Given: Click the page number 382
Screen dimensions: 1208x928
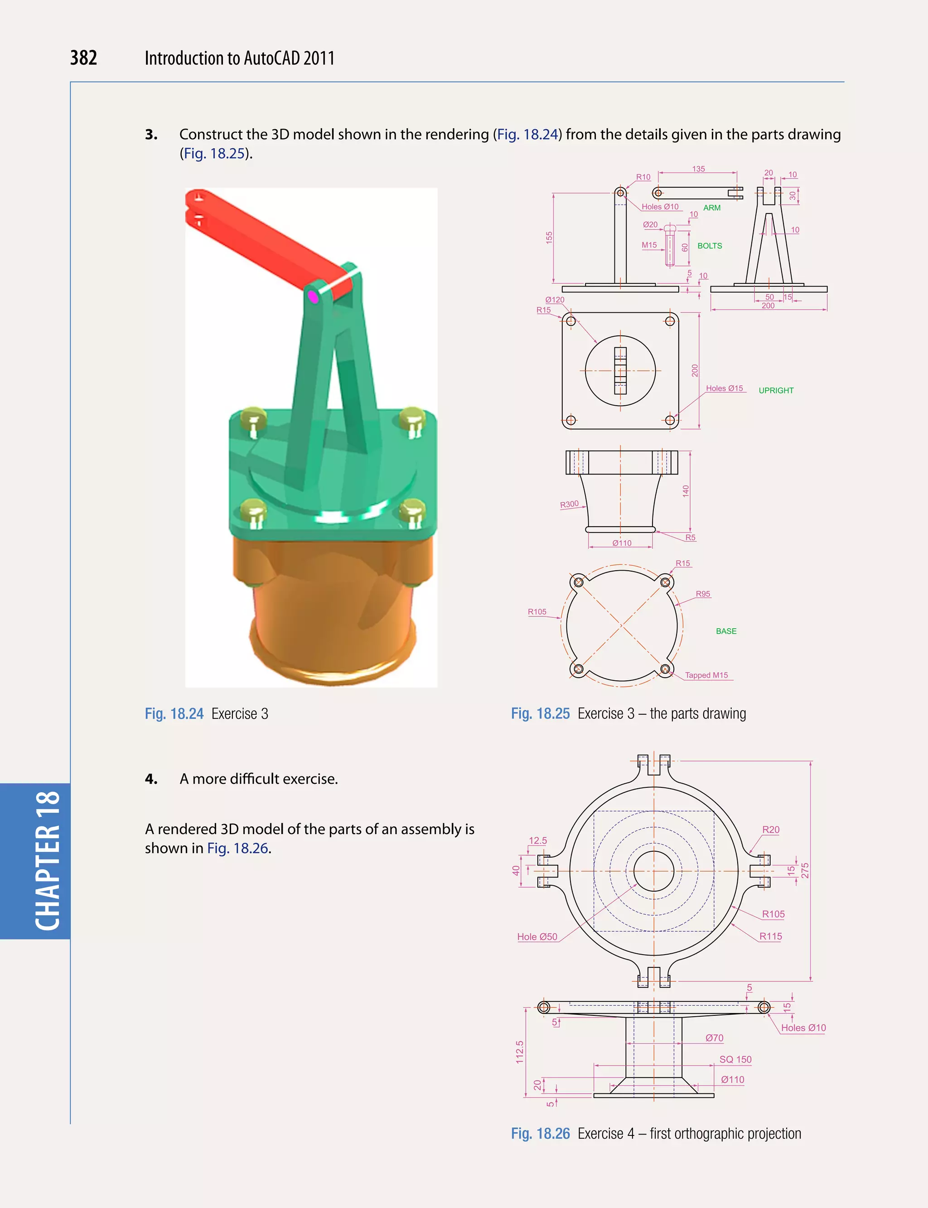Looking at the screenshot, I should click(x=83, y=58).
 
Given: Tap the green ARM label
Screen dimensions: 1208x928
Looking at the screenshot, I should click(x=711, y=208).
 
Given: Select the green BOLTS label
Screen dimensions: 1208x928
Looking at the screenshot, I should click(x=709, y=246).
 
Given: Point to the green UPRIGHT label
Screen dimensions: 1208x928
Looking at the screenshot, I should click(x=776, y=390).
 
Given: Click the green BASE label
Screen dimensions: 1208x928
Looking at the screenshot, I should click(x=726, y=631).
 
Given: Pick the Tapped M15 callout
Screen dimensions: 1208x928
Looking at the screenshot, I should click(x=706, y=675).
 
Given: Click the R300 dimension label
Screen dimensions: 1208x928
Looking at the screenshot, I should click(x=569, y=505).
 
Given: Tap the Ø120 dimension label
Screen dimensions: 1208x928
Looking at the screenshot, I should click(x=555, y=300).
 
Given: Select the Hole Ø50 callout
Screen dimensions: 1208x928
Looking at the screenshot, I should click(x=537, y=936).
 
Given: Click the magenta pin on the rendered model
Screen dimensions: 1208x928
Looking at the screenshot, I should click(x=313, y=297).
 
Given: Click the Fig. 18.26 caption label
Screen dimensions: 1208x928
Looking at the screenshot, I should click(x=540, y=1133).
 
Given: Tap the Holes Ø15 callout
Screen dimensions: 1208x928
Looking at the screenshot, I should click(x=724, y=388).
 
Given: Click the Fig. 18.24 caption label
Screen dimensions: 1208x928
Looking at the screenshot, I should click(x=174, y=714).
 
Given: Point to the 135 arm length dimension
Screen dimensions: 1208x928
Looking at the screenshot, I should click(x=698, y=169).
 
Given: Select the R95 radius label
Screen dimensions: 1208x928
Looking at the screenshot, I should click(x=703, y=594).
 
